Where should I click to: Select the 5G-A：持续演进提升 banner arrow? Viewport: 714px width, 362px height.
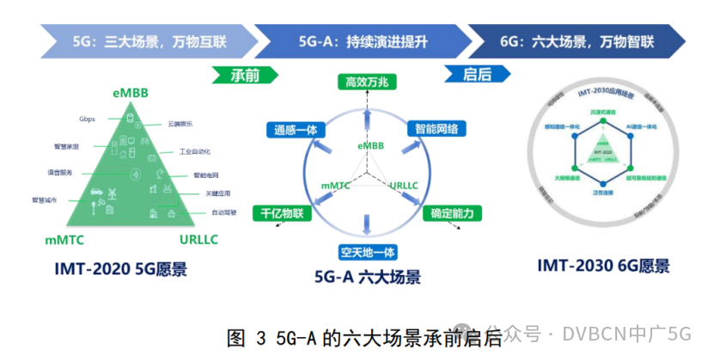pyautogui.click(x=361, y=40)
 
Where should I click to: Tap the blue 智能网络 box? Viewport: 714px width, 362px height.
pyautogui.click(x=436, y=129)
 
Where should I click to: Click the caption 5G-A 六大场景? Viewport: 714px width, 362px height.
pyautogui.click(x=367, y=277)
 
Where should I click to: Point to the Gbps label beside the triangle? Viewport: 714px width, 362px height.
pyautogui.click(x=87, y=119)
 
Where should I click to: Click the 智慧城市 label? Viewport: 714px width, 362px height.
pyautogui.click(x=44, y=199)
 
